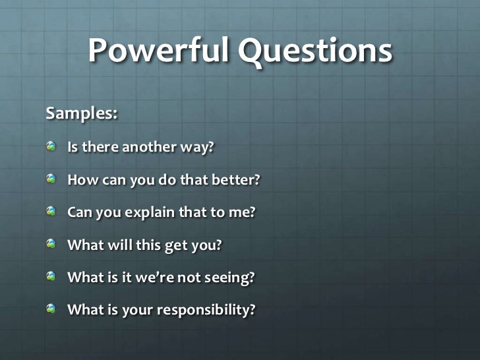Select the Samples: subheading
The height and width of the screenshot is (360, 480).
pos(82,113)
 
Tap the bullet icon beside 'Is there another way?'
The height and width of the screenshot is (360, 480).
pos(52,146)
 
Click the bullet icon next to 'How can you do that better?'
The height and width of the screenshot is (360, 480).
pos(52,179)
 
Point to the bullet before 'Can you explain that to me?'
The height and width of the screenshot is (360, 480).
pos(52,212)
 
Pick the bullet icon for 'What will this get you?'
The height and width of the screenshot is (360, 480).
pos(52,244)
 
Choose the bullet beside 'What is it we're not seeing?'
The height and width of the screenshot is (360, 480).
pos(52,277)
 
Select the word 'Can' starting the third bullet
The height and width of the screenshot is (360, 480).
pos(80,212)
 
